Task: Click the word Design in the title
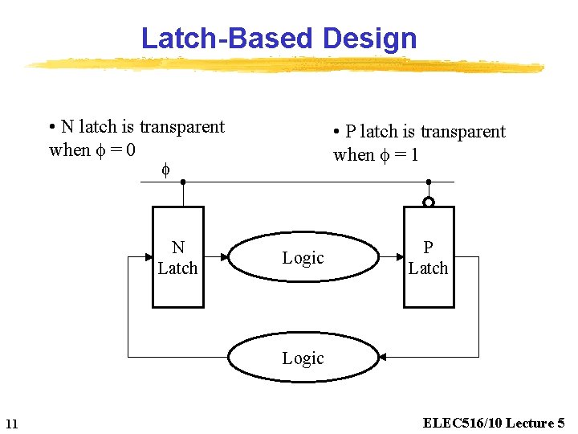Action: [370, 39]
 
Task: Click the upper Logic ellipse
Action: [303, 232]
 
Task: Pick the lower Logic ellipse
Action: [303, 333]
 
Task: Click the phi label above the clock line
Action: [165, 170]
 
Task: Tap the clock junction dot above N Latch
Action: [183, 182]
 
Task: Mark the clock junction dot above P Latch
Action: [429, 182]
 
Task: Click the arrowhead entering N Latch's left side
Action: [149, 257]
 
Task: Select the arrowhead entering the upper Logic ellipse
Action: [225, 257]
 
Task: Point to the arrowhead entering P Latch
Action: [400, 257]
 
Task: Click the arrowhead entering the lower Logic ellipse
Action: [382, 357]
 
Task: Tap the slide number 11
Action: [12, 424]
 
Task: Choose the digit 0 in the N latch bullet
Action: [131, 149]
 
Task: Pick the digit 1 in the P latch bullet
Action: [415, 154]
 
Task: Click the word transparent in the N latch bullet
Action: [182, 127]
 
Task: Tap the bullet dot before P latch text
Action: [336, 131]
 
